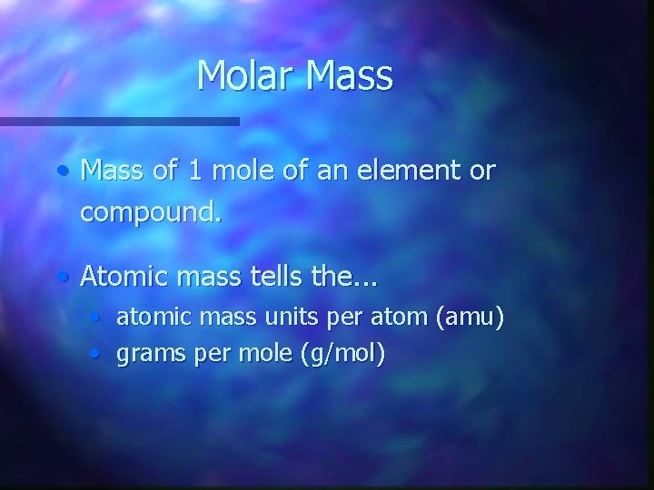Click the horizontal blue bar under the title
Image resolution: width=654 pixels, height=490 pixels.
click(x=118, y=121)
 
